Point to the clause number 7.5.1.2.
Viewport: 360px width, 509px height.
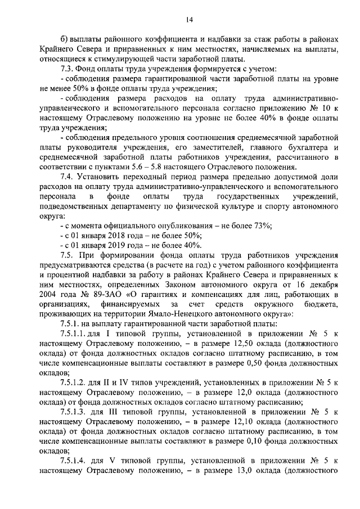(75, 382)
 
